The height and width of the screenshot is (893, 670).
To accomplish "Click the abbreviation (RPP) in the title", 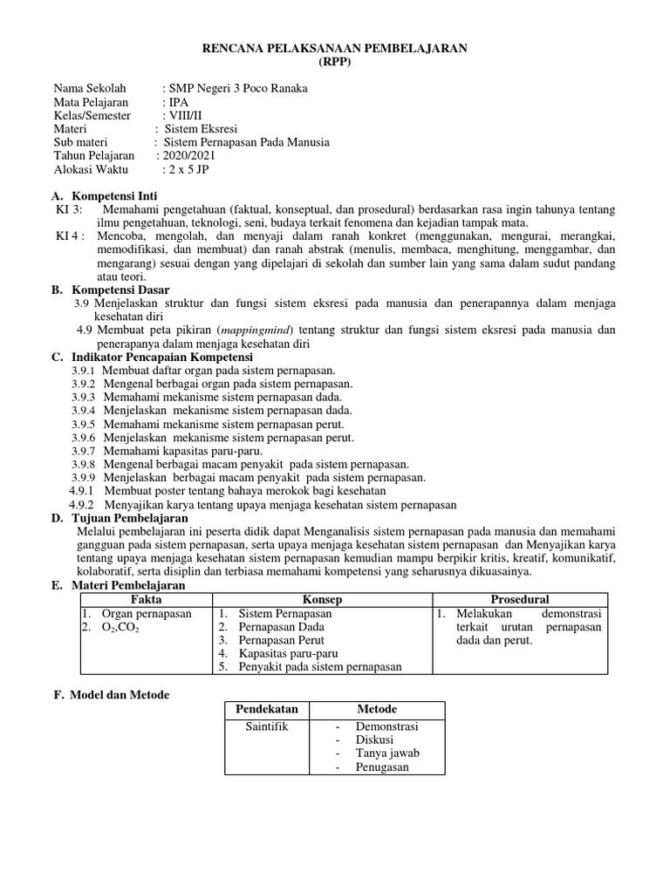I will [334, 63].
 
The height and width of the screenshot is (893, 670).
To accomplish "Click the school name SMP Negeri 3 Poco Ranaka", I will [240, 89].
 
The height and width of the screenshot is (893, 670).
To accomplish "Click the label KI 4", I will [70, 236].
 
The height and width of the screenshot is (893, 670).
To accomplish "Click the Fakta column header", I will [146, 600].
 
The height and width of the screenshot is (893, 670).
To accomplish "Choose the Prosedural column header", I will [520, 600].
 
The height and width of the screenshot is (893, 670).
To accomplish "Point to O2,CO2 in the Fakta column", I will [115, 627].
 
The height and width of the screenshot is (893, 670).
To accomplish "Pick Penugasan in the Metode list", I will [382, 767].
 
